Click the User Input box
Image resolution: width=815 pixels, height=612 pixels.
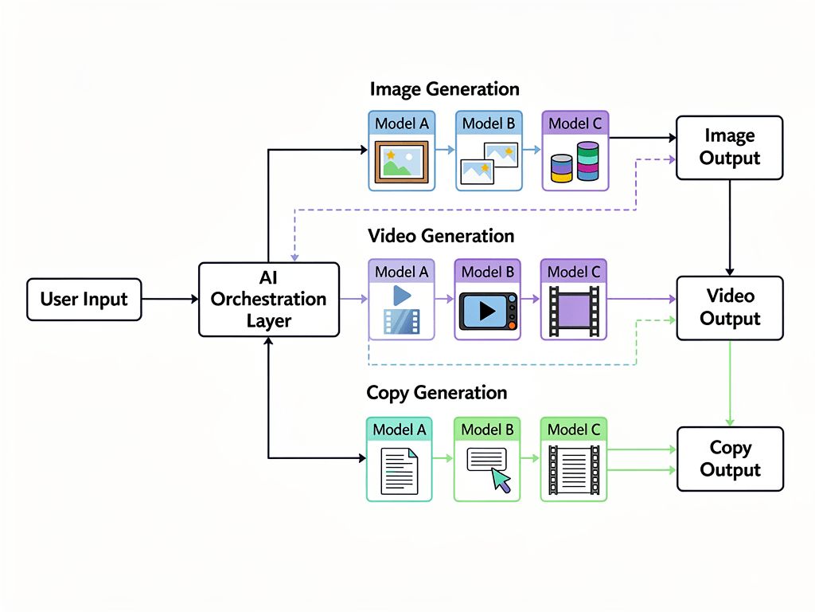(84, 300)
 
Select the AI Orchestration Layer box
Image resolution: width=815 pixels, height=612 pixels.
(269, 300)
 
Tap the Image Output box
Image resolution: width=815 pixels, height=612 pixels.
(729, 147)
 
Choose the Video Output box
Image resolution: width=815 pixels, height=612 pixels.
(729, 308)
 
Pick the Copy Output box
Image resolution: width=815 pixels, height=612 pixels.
(729, 459)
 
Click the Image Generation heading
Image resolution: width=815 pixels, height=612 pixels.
(444, 89)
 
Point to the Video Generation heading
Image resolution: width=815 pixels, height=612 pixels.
(441, 237)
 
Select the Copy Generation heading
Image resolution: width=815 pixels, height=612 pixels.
(436, 393)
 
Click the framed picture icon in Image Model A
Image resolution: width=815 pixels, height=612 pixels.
(401, 162)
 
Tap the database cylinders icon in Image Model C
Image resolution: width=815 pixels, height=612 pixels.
(575, 163)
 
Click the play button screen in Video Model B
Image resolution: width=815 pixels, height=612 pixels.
(487, 311)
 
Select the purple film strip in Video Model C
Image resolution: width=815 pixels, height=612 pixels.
(574, 311)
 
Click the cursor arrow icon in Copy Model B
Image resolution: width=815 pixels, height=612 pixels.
(501, 481)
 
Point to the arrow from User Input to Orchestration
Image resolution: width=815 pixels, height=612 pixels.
(170, 300)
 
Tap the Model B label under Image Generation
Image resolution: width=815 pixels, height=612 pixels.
(488, 124)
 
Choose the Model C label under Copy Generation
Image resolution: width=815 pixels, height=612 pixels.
(574, 430)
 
